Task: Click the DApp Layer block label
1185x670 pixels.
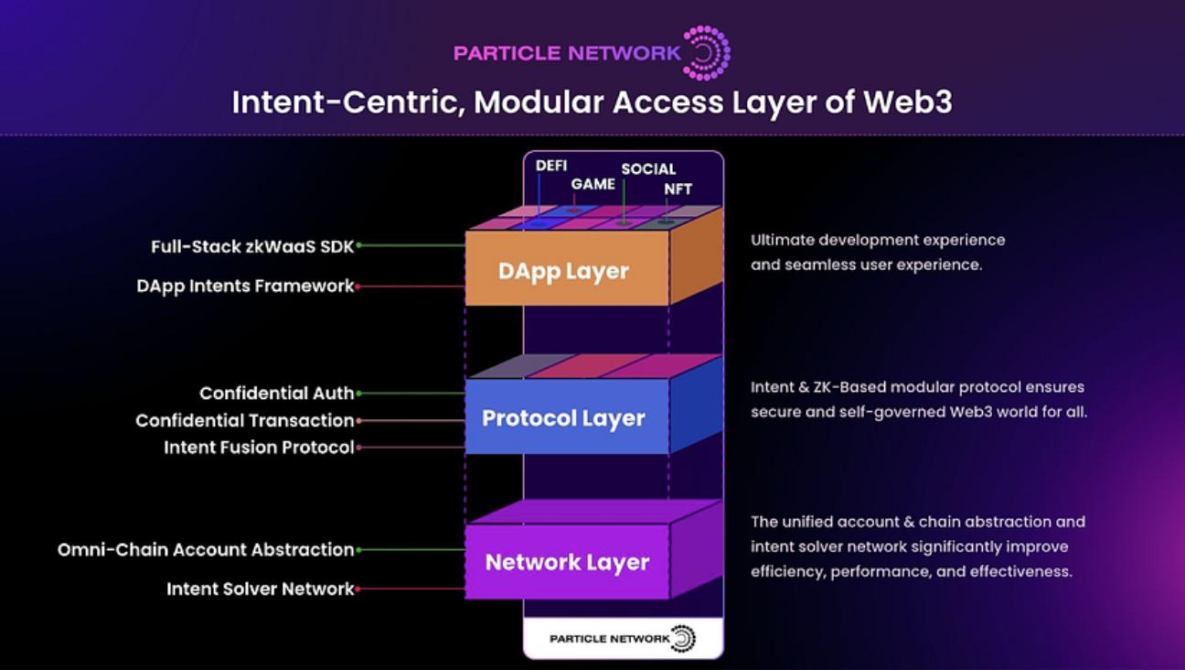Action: click(563, 272)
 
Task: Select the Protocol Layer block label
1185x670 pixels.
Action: click(563, 418)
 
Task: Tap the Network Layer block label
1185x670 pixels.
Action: click(567, 563)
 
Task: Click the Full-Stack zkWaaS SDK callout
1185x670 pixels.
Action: click(252, 247)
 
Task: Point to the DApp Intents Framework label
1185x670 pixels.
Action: click(245, 286)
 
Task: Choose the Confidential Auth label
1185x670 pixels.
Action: click(277, 393)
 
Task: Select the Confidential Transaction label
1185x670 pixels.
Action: click(245, 420)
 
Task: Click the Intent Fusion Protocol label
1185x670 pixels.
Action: click(259, 448)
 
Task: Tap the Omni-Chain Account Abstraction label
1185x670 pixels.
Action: click(206, 550)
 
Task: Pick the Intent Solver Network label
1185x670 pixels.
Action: click(261, 589)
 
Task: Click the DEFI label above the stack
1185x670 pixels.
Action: click(551, 166)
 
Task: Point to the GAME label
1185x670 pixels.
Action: click(593, 184)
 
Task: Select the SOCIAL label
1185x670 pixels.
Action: click(648, 169)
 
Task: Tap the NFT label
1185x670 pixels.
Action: click(678, 189)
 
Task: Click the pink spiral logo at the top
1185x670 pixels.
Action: click(707, 53)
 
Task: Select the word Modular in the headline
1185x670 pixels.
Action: click(539, 102)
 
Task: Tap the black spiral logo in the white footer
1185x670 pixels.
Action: click(684, 639)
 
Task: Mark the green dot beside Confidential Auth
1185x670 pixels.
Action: click(358, 394)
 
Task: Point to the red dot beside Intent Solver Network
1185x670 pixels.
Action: click(358, 589)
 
